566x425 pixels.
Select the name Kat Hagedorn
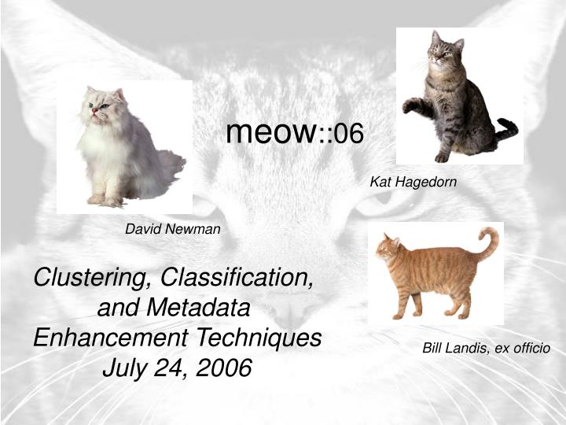pos(413,182)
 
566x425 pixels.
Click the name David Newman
pos(173,229)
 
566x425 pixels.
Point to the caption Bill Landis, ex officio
pos(486,347)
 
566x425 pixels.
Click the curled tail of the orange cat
pos(491,240)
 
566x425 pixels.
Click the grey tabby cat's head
pos(444,47)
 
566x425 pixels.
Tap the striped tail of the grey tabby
pos(505,129)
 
